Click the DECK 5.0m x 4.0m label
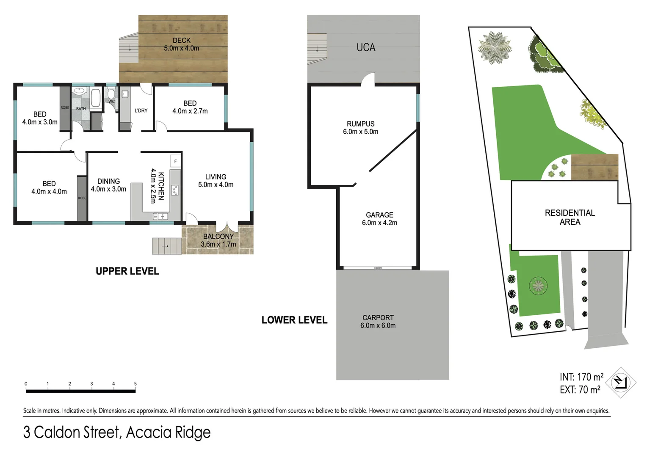181,44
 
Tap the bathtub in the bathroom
96,98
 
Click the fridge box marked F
175,161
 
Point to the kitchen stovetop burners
174,190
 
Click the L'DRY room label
141,110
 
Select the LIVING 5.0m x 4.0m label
216,181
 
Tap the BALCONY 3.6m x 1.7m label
218,240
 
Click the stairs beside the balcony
166,246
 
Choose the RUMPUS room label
360,127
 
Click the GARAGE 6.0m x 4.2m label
379,219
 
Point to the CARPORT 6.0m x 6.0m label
378,321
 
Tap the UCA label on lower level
366,47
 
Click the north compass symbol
620,383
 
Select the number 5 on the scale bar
135,384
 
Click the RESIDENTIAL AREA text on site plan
570,217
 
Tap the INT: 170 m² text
581,377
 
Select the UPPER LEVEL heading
127,271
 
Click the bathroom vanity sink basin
79,91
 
